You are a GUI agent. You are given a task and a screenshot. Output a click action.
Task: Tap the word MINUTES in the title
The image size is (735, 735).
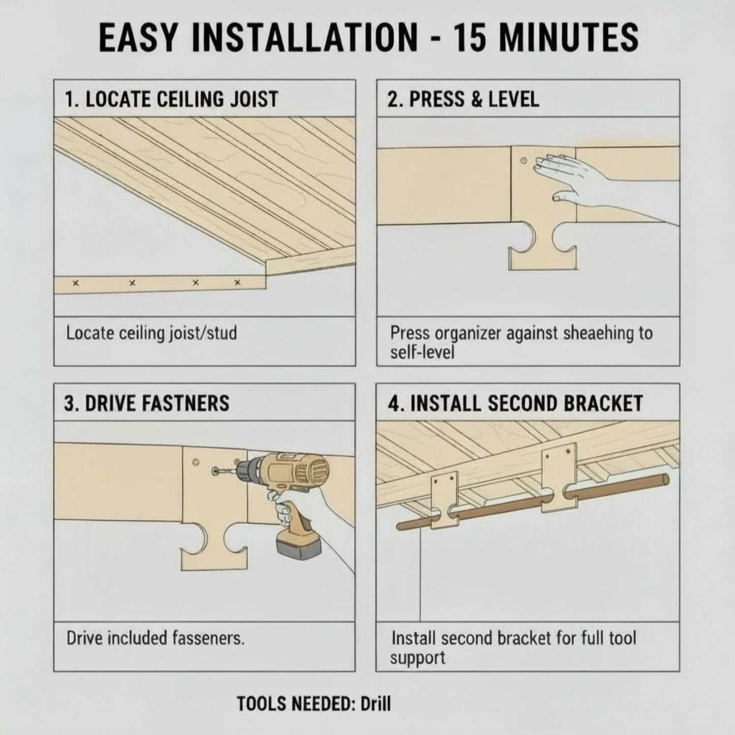point(572,38)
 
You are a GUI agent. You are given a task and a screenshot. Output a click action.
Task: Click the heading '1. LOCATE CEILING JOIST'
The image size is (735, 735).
point(171,99)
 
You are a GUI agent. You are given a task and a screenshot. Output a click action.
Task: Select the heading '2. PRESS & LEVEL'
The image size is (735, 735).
point(463,99)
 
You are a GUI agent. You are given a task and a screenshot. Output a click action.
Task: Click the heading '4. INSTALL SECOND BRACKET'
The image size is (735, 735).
point(515,403)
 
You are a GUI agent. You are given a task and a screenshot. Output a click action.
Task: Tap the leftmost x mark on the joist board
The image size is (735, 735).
point(76,283)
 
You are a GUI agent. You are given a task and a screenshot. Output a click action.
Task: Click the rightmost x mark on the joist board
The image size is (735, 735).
point(237,282)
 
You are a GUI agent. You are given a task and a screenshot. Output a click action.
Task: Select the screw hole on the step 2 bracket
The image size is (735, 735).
point(524,161)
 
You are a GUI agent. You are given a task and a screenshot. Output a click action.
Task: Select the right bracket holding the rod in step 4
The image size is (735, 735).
point(558,478)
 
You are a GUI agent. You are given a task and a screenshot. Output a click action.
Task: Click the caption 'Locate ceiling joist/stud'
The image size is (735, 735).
point(152,334)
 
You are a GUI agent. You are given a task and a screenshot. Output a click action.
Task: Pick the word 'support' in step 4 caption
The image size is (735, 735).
point(418,658)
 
